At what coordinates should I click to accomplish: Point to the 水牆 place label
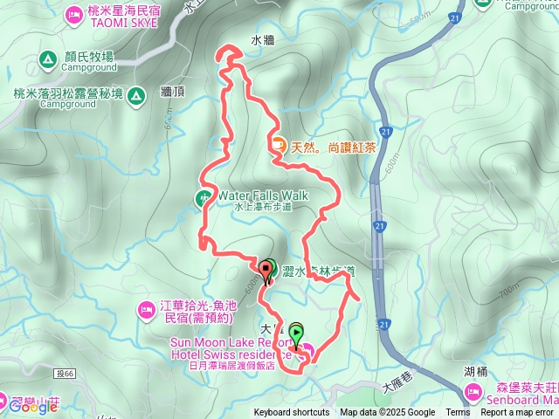(x=263, y=40)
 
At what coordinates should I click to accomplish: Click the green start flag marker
(x=297, y=333)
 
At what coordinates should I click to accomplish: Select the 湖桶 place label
(x=476, y=370)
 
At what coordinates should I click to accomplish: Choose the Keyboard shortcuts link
(x=292, y=413)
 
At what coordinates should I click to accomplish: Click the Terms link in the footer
(x=458, y=413)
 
